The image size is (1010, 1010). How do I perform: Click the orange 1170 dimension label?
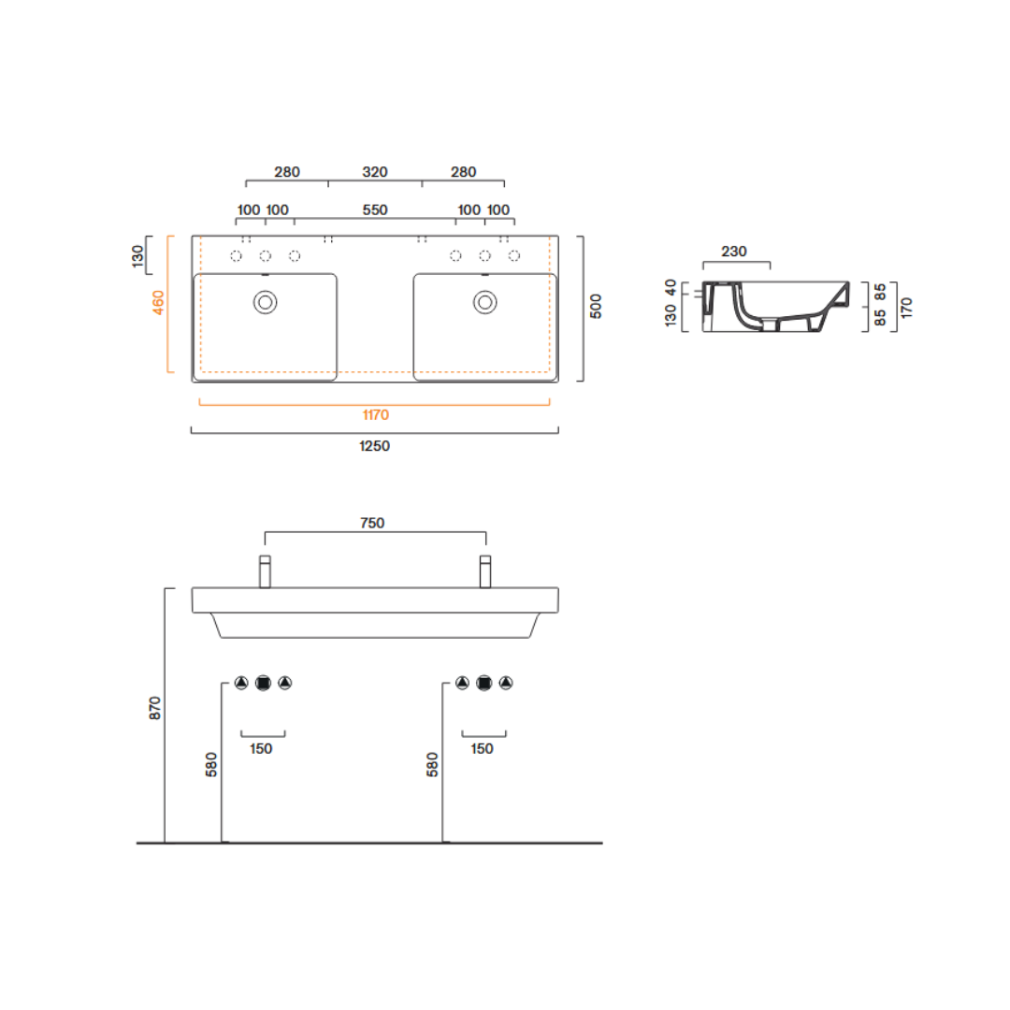tap(376, 415)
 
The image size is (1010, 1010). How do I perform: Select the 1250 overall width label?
tap(374, 446)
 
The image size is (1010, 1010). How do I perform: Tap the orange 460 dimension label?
tap(158, 303)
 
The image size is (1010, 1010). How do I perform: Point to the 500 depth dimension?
tap(596, 306)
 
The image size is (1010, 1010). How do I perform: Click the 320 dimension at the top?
tap(375, 172)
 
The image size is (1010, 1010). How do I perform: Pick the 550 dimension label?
tap(375, 210)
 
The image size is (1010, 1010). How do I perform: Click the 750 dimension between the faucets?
tap(372, 523)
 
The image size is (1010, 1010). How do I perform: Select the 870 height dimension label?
tap(154, 708)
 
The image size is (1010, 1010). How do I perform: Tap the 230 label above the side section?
tap(734, 252)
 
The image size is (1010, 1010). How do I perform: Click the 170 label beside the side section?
tap(907, 308)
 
